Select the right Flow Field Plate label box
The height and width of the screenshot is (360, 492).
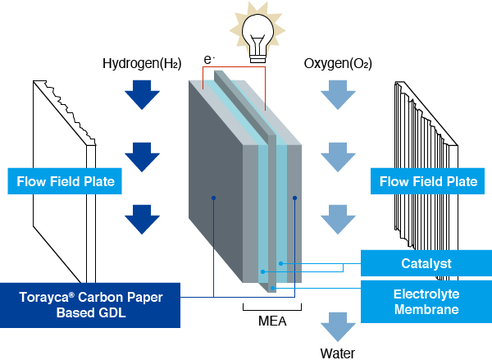click(x=424, y=180)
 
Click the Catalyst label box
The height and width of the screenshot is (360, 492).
click(x=426, y=263)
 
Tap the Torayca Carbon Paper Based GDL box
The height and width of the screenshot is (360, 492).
click(x=90, y=305)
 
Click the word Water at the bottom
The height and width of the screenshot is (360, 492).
click(x=337, y=353)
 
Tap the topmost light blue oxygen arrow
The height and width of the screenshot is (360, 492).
click(x=336, y=97)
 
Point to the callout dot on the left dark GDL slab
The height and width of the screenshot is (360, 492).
click(x=213, y=198)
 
